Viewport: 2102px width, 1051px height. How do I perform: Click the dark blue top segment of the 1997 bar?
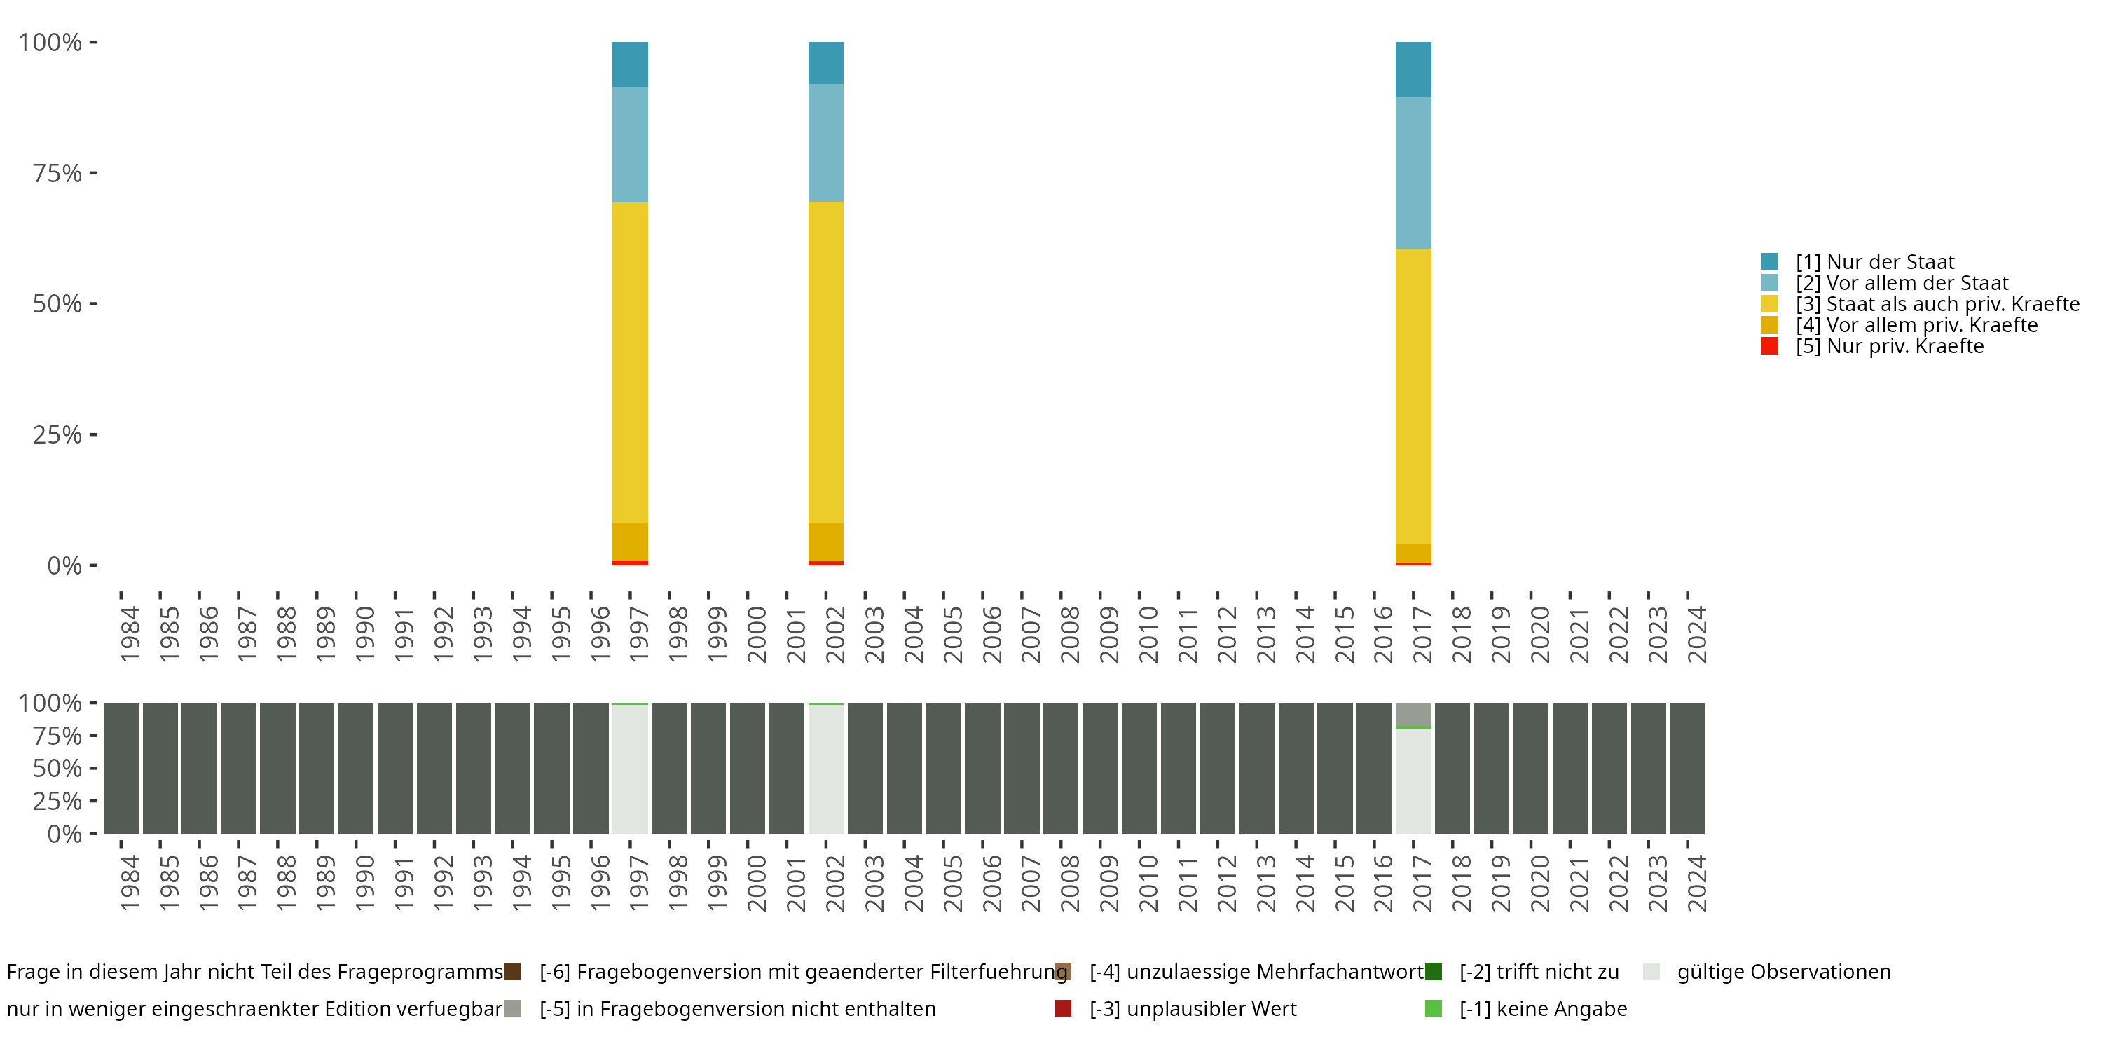[x=630, y=64]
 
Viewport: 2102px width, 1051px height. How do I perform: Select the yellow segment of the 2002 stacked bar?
[x=826, y=362]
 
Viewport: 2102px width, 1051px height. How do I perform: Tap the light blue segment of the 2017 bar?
[x=1413, y=173]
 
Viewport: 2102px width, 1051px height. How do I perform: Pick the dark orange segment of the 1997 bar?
[x=630, y=541]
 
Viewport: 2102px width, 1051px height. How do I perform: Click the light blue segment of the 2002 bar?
[x=826, y=143]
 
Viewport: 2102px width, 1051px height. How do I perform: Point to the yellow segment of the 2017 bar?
[x=1413, y=396]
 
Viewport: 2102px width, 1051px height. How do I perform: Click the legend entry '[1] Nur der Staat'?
[x=1874, y=262]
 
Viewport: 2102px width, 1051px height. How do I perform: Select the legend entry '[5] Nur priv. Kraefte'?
[x=1889, y=346]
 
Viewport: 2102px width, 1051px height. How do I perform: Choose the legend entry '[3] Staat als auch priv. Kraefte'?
[x=1937, y=304]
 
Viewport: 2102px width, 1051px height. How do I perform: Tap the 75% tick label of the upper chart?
[x=57, y=173]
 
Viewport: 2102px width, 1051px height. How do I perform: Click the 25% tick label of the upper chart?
[x=57, y=435]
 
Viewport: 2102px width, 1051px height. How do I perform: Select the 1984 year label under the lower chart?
[x=130, y=883]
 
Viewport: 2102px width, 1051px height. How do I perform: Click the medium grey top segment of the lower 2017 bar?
[x=1413, y=714]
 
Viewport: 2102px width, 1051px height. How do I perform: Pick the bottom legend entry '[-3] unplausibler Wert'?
[x=1192, y=1008]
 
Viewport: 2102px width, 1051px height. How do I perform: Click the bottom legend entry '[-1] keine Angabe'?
[x=1542, y=1008]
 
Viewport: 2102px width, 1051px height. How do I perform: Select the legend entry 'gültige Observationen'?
[x=1783, y=972]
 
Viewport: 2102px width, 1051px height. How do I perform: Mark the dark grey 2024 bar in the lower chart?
[x=1687, y=768]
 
